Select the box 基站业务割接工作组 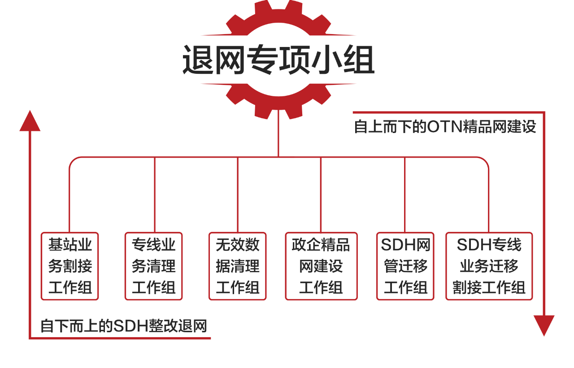70,266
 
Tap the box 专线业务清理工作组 153,266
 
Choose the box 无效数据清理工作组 237,266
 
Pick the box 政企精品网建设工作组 321,266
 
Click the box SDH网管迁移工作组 405,266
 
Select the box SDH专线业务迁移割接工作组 489,266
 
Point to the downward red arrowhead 544,325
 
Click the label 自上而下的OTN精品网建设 445,127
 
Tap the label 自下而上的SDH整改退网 124,326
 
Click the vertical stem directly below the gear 278,134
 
